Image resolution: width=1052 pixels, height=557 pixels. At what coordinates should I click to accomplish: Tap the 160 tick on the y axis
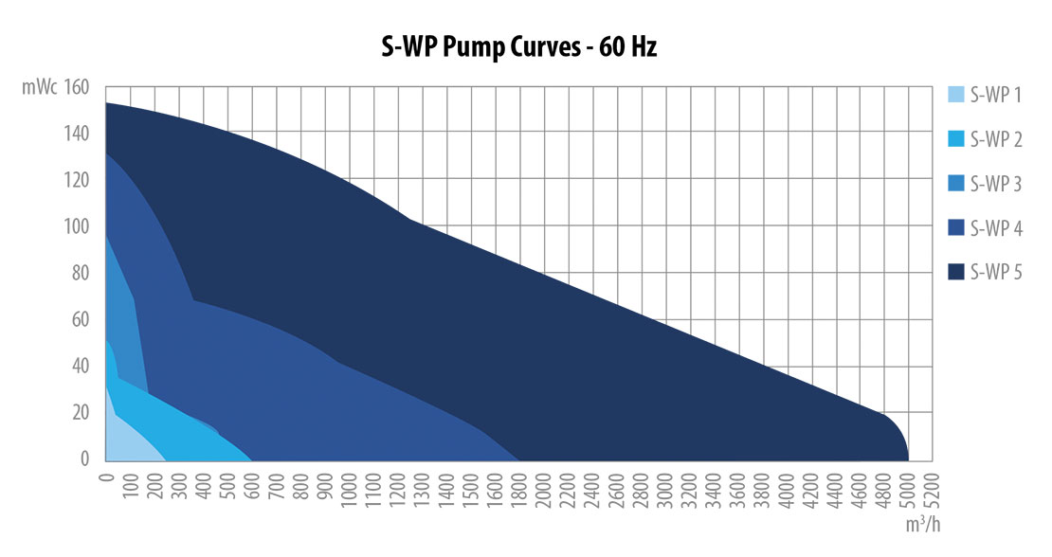pos(78,87)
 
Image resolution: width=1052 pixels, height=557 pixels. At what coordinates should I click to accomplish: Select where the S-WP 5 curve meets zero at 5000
pos(909,459)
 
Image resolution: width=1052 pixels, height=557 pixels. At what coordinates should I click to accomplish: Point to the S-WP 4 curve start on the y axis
pos(107,154)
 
